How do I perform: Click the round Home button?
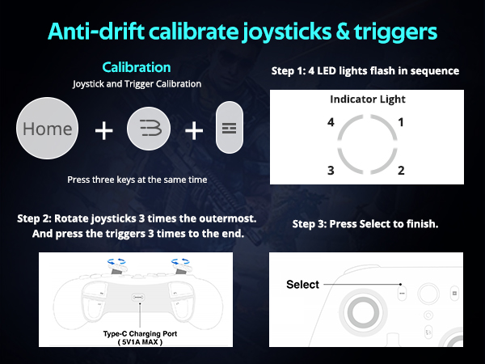click(x=48, y=129)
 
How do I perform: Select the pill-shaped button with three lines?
click(x=229, y=129)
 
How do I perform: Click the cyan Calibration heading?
click(x=136, y=67)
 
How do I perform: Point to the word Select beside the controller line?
click(x=303, y=285)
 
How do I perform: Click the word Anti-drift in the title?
click(x=94, y=32)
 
